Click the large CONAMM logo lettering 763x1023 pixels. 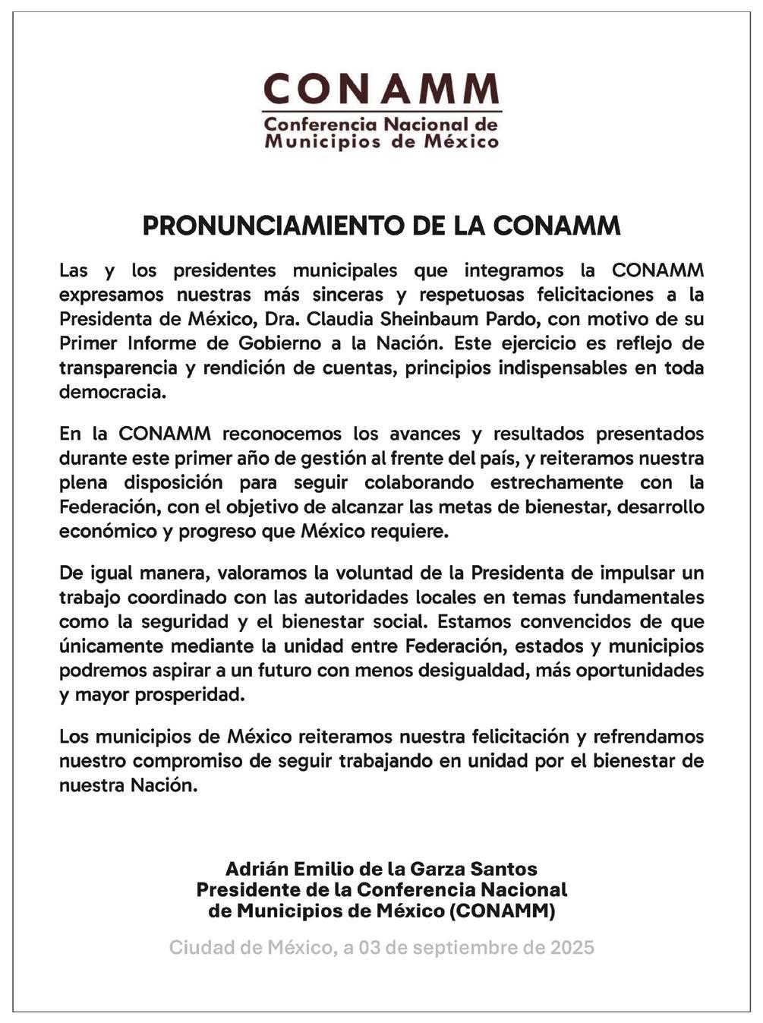click(x=381, y=90)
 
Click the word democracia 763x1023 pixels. click(x=112, y=392)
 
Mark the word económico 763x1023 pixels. click(x=106, y=531)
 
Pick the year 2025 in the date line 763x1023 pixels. click(x=572, y=948)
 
